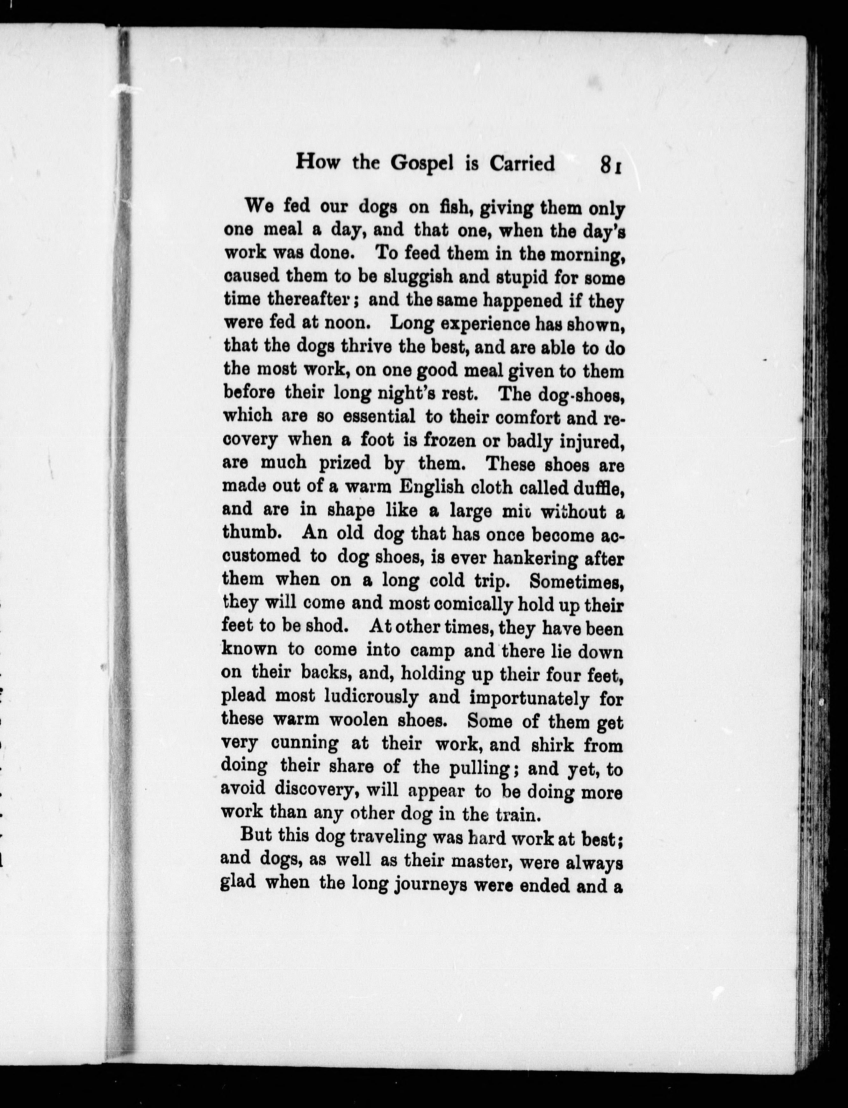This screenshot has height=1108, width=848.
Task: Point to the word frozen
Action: (449, 440)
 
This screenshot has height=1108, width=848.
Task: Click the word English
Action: (432, 487)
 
